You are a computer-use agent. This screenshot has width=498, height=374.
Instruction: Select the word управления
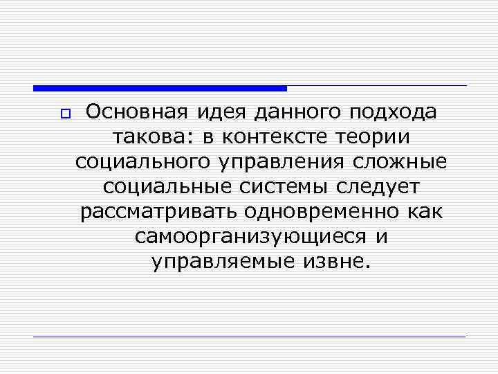click(285, 163)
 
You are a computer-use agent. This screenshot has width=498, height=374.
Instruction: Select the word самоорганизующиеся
click(251, 238)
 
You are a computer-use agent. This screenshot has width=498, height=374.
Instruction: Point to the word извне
click(340, 262)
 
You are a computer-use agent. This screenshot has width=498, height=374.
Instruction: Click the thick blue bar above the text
click(160, 88)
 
